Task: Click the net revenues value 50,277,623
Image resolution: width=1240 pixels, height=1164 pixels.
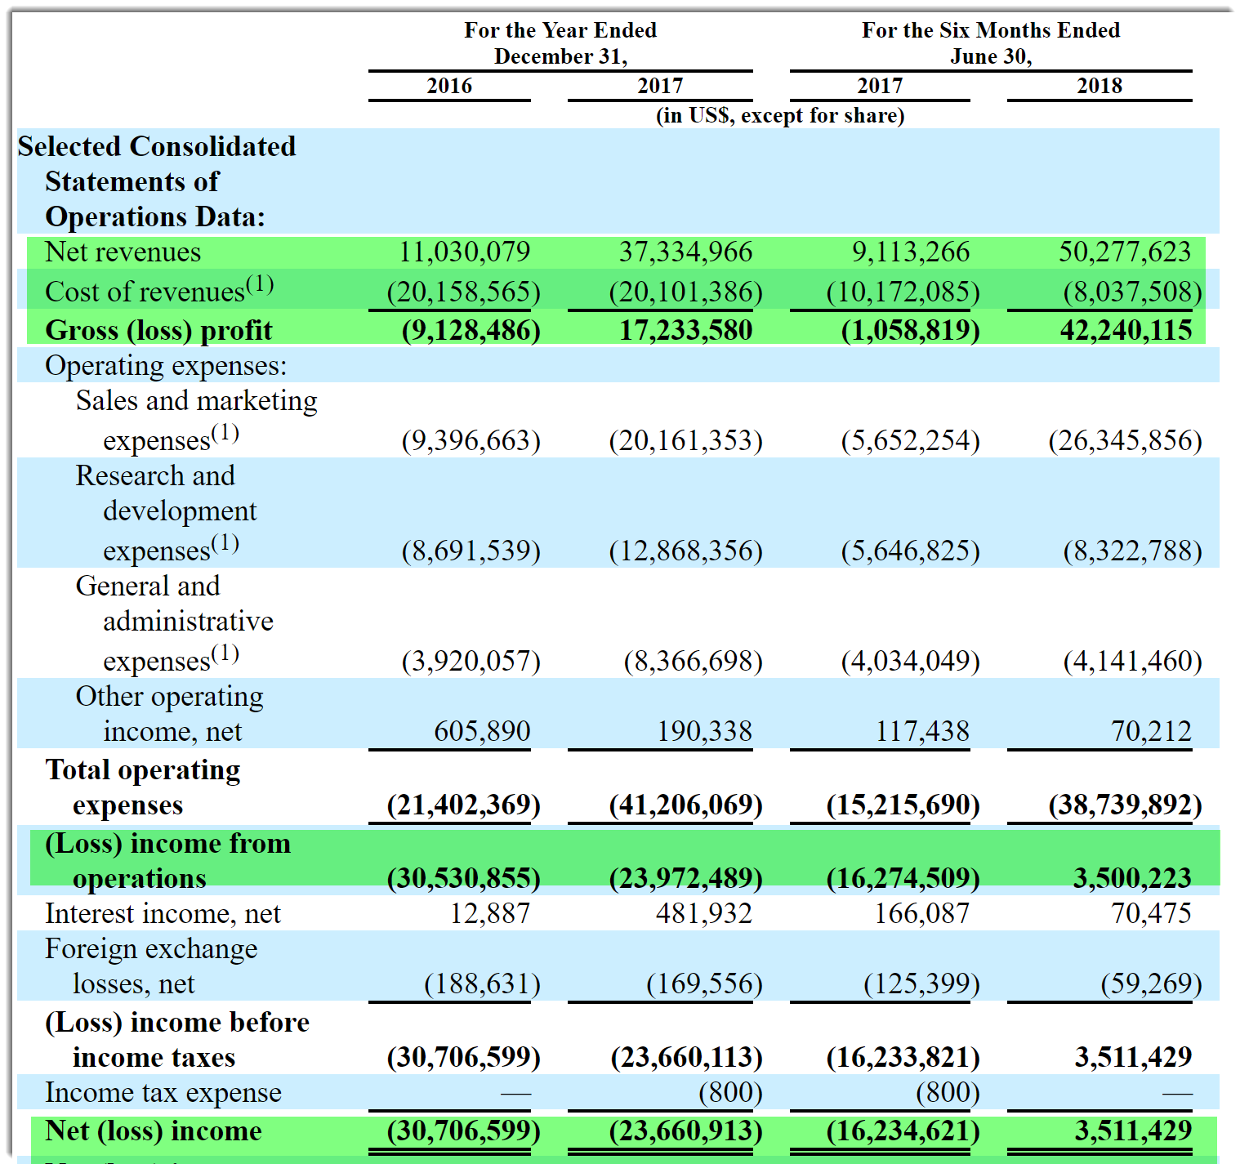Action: pyautogui.click(x=1125, y=252)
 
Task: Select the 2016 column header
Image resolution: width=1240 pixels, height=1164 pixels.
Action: pyautogui.click(x=449, y=86)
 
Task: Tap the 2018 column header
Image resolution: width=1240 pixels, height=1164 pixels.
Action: pyautogui.click(x=1099, y=86)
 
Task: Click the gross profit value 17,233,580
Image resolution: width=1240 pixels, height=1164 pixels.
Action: pyautogui.click(x=685, y=330)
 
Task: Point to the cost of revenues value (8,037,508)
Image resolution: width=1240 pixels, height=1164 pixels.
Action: pyautogui.click(x=1132, y=292)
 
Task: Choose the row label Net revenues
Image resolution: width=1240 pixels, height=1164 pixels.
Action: pyautogui.click(x=123, y=252)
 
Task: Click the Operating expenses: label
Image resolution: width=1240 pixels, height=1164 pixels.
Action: pyautogui.click(x=166, y=365)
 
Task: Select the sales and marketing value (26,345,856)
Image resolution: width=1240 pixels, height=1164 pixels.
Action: pyautogui.click(x=1125, y=440)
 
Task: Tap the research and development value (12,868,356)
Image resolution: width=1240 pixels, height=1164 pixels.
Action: pyautogui.click(x=685, y=551)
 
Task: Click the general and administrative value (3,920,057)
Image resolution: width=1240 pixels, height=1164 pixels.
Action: pyautogui.click(x=471, y=660)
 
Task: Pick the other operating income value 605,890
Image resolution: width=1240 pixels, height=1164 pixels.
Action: pyautogui.click(x=482, y=731)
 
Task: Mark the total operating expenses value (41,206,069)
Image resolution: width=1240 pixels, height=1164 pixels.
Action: pyautogui.click(x=685, y=805)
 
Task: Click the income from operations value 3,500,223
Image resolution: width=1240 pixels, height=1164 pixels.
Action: pyautogui.click(x=1132, y=878)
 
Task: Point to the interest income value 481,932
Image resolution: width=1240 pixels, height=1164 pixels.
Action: pyautogui.click(x=703, y=913)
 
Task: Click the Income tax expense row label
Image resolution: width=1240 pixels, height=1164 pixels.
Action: pyautogui.click(x=163, y=1092)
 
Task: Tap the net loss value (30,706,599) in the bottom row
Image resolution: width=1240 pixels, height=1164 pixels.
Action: pyautogui.click(x=463, y=1131)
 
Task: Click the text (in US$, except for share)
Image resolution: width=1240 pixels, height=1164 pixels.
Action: pyautogui.click(x=780, y=115)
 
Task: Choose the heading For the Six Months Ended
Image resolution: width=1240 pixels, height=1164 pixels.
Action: pyautogui.click(x=990, y=30)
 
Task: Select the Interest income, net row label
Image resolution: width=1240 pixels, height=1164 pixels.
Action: pyautogui.click(x=163, y=913)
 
